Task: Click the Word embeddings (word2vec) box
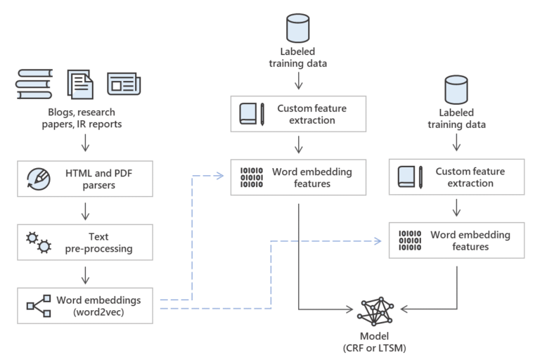[85, 306]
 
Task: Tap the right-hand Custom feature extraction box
[457, 177]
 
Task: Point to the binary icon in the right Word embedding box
[410, 240]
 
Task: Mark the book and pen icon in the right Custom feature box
[410, 177]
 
